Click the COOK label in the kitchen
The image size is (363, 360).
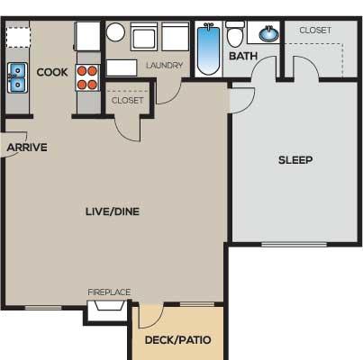pos(52,72)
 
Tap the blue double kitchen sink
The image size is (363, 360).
pos(17,77)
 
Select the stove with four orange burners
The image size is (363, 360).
pos(87,77)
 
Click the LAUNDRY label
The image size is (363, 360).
pos(165,66)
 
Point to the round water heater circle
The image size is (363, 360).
pos(115,32)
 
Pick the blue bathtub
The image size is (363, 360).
pos(209,49)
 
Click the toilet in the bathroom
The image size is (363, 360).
pos(235,34)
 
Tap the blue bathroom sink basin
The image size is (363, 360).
pos(269,34)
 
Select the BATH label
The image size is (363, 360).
pos(243,56)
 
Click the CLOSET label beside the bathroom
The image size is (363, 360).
pos(315,31)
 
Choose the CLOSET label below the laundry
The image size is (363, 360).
pos(127,100)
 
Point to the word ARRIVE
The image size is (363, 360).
pos(27,148)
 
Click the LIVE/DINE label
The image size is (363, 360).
pos(113,211)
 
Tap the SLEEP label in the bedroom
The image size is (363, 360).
pos(295,160)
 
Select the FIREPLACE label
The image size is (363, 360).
pos(109,292)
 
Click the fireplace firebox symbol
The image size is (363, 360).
pos(110,305)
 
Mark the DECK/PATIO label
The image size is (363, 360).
pos(177,340)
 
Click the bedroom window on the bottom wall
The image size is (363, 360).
pos(295,245)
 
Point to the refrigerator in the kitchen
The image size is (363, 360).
pos(87,36)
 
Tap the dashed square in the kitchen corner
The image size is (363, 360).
pos(18,37)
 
